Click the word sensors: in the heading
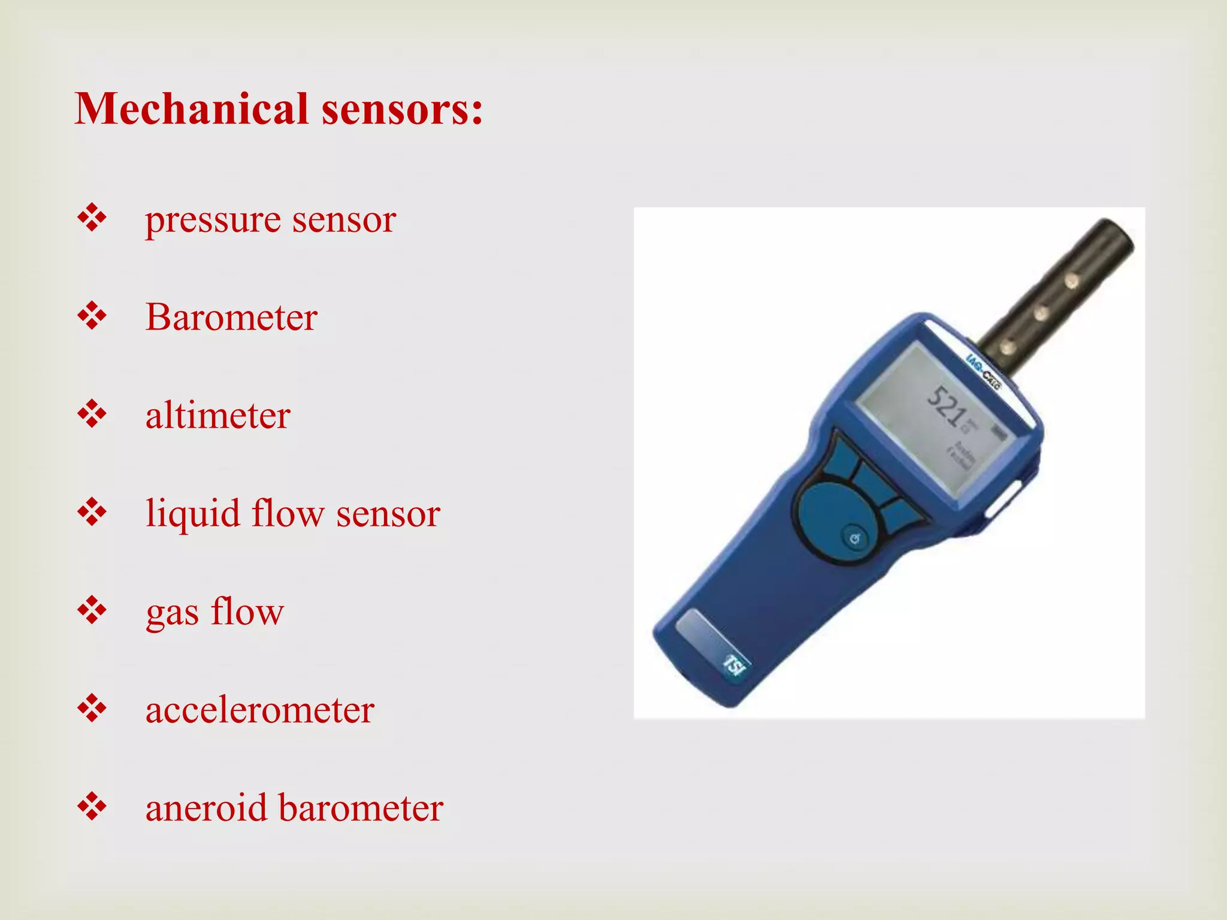pyautogui.click(x=402, y=110)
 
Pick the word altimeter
pyautogui.click(x=218, y=415)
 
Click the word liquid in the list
pyautogui.click(x=192, y=514)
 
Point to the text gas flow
pyautogui.click(x=214, y=612)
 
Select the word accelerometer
pyautogui.click(x=260, y=710)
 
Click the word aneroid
pyautogui.click(x=206, y=808)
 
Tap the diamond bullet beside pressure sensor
pyautogui.click(x=92, y=218)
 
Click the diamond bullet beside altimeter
pyautogui.click(x=92, y=414)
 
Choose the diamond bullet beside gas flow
pyautogui.click(x=92, y=610)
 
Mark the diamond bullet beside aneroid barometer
pyautogui.click(x=92, y=807)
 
